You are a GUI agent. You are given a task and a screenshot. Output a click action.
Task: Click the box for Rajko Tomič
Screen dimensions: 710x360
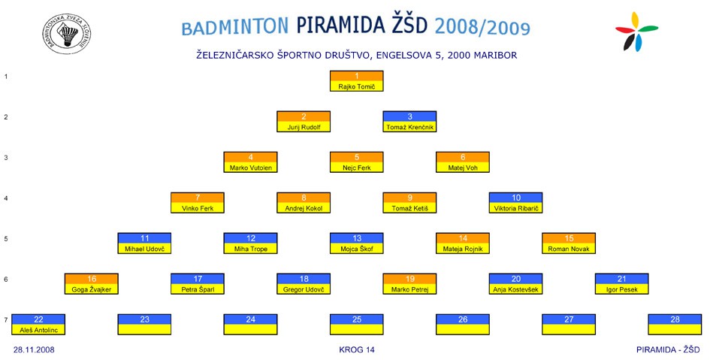(356, 81)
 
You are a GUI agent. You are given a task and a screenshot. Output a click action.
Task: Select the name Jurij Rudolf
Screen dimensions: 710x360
(304, 127)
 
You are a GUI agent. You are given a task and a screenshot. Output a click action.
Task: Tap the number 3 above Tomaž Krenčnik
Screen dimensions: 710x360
(409, 116)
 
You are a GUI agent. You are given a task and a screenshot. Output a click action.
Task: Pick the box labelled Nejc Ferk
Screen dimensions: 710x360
(356, 162)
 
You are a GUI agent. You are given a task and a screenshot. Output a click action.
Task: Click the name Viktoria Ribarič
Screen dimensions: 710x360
(515, 208)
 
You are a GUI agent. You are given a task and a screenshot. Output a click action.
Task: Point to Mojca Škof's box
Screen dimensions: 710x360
(356, 244)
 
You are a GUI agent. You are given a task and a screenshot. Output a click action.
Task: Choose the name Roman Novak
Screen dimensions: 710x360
(569, 249)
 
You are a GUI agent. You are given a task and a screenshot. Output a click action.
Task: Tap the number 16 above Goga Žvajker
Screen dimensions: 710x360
(92, 279)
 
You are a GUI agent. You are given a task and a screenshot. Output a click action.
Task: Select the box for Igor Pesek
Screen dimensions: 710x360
(621, 284)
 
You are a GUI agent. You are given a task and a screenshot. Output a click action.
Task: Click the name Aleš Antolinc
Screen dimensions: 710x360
(38, 330)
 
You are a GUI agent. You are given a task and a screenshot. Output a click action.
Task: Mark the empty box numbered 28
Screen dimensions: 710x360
(675, 324)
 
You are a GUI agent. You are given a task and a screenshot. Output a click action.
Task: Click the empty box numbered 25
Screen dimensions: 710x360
(356, 324)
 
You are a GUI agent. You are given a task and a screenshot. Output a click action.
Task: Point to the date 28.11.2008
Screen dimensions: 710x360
(34, 349)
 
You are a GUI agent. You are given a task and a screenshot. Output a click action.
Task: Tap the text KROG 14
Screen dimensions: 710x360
(357, 349)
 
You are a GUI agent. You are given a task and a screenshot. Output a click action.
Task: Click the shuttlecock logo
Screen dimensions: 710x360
(67, 34)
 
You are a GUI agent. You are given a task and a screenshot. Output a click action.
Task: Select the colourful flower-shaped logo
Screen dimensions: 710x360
(636, 32)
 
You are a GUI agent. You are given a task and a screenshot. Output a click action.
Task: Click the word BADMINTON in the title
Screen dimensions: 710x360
(235, 27)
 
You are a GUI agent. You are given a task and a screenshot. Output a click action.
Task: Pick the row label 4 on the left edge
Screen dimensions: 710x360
(6, 198)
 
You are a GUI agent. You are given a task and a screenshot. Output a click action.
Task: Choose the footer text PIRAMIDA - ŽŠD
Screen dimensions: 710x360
(668, 349)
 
